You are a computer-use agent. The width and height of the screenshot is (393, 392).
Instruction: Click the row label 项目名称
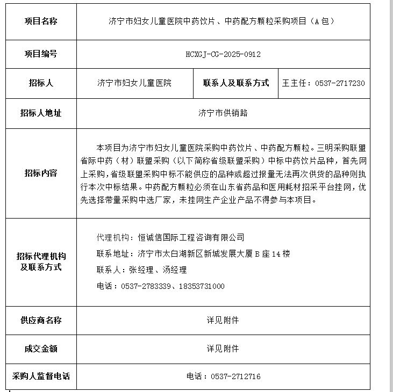41,21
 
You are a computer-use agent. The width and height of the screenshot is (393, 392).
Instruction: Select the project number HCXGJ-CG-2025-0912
223,54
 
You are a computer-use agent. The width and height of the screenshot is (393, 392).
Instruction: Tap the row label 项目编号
41,54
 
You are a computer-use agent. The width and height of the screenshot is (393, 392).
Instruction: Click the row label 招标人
41,83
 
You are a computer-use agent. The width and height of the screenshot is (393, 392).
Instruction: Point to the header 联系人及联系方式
236,83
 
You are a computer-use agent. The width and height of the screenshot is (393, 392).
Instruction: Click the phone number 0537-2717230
340,83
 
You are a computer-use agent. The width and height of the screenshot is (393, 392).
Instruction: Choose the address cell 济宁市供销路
223,113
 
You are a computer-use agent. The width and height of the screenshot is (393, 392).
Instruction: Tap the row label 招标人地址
41,113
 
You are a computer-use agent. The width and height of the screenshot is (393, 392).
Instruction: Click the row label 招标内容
41,173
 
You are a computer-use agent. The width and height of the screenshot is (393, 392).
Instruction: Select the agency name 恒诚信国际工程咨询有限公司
191,237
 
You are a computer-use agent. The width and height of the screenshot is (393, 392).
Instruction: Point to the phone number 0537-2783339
146,286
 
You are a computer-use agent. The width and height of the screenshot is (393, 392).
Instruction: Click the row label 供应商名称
41,320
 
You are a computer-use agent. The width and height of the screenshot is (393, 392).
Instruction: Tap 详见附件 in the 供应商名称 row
223,320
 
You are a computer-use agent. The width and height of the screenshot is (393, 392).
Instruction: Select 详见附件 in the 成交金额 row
223,349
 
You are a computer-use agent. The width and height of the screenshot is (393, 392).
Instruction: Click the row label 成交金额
41,349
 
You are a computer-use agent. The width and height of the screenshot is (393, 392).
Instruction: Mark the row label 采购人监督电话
41,376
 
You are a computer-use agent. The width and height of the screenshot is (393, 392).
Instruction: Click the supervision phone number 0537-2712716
235,376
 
